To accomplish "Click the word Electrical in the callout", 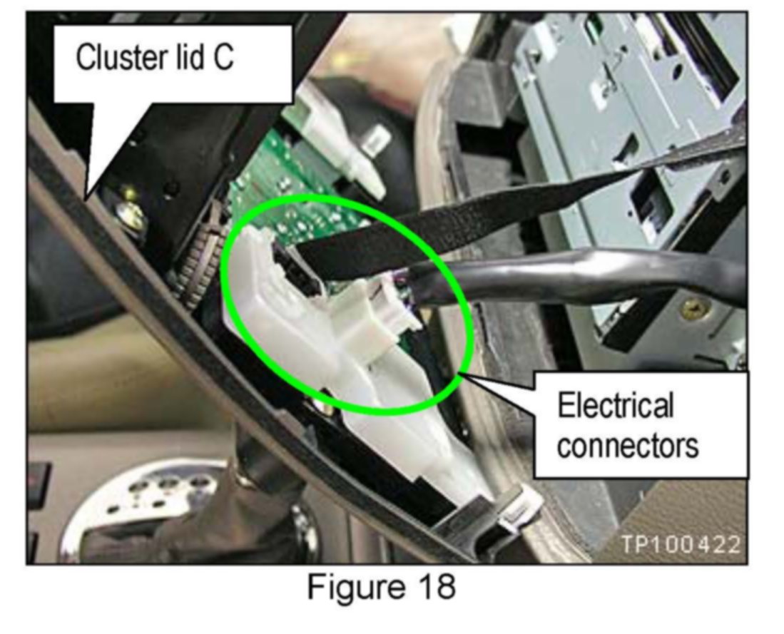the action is [x=615, y=406].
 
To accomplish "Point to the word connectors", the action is [x=627, y=446].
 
